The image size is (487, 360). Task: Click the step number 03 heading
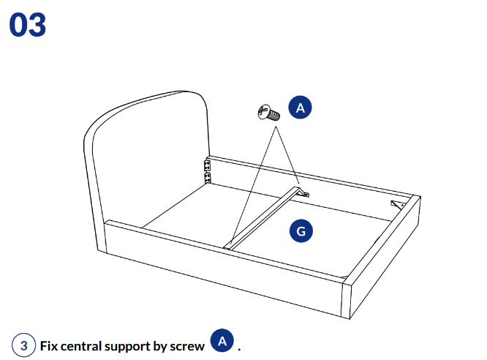(28, 24)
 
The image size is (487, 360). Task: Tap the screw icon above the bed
(266, 113)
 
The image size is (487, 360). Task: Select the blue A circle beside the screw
(300, 108)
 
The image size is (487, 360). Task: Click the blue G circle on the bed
(301, 232)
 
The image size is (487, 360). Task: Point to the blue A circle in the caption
(222, 341)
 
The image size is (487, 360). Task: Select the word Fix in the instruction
(49, 345)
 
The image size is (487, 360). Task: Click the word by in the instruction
(165, 345)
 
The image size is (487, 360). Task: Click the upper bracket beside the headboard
(206, 165)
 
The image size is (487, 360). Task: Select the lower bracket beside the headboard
(207, 177)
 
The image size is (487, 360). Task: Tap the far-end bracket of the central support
(303, 192)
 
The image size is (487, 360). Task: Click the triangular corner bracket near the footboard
(399, 205)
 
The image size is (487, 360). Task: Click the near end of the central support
(229, 244)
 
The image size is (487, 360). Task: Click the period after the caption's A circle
(239, 348)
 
